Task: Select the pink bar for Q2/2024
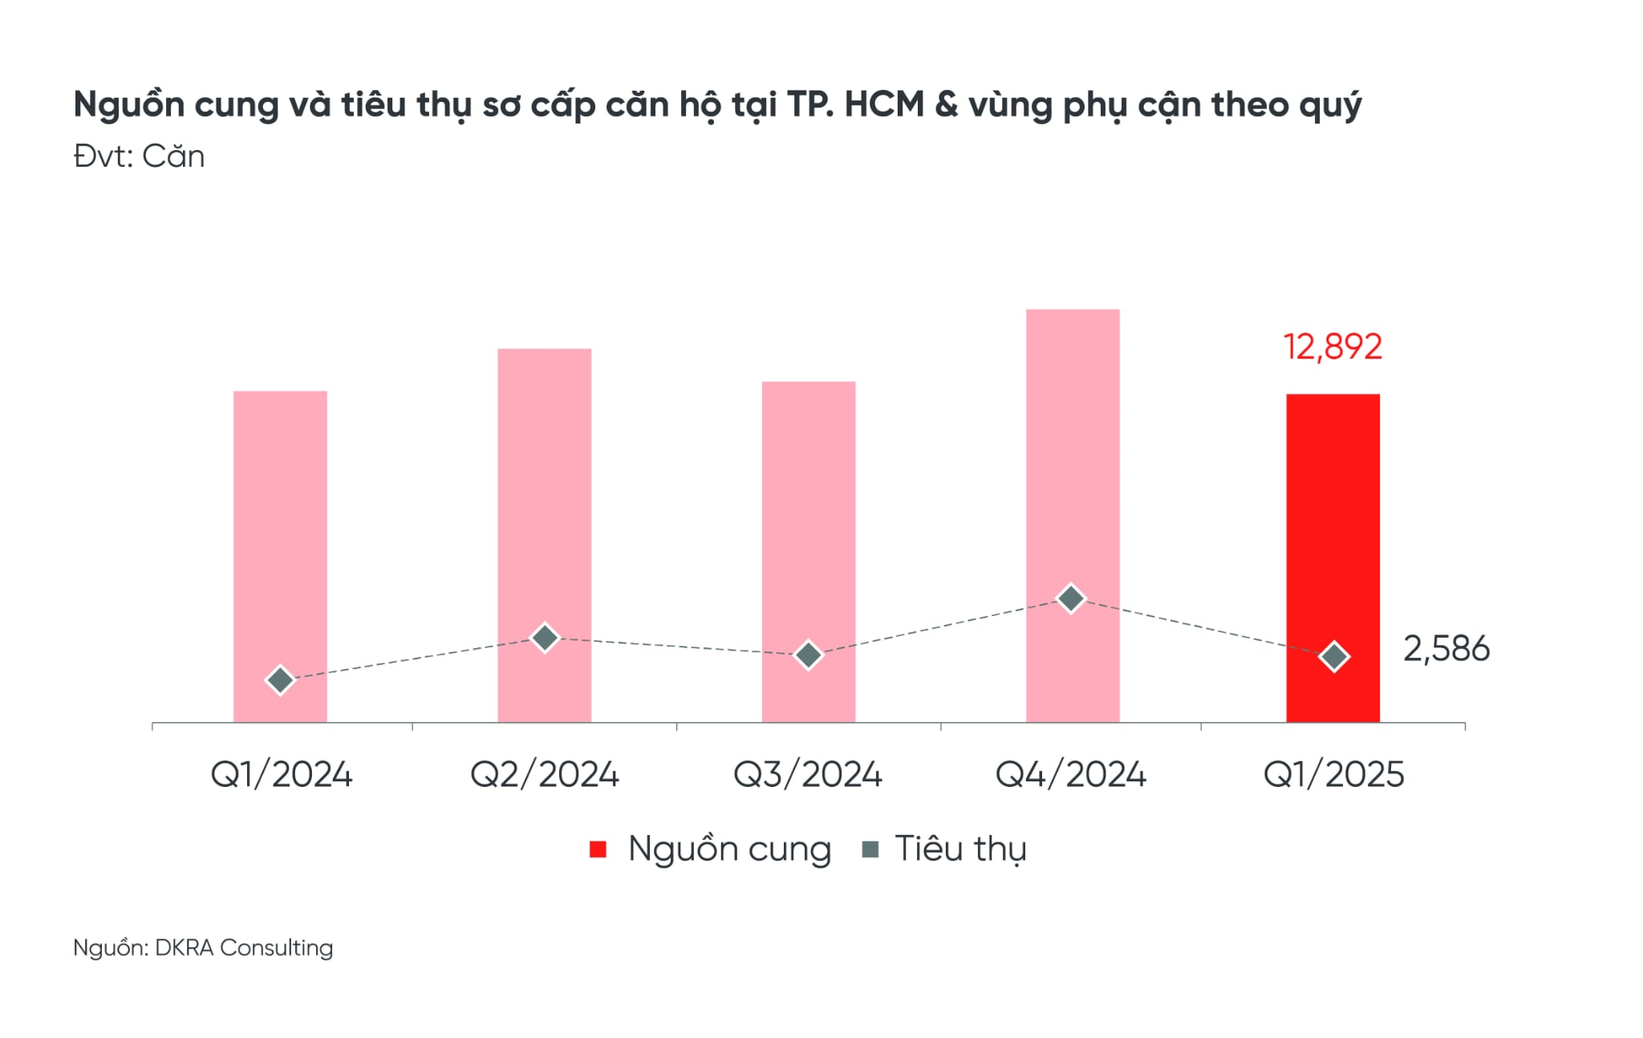[544, 497]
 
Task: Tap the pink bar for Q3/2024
[808, 513]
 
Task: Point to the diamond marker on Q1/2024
[280, 680]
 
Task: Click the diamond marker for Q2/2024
[545, 638]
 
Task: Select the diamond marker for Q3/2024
[808, 655]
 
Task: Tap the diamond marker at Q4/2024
[1071, 598]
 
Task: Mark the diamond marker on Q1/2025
[1334, 657]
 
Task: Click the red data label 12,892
[1333, 347]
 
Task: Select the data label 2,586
[1446, 649]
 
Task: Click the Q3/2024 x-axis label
[808, 775]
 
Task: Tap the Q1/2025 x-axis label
[1333, 775]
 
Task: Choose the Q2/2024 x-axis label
[544, 775]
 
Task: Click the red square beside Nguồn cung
[598, 849]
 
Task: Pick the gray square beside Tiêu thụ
[870, 849]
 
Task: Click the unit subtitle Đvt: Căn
[139, 156]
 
